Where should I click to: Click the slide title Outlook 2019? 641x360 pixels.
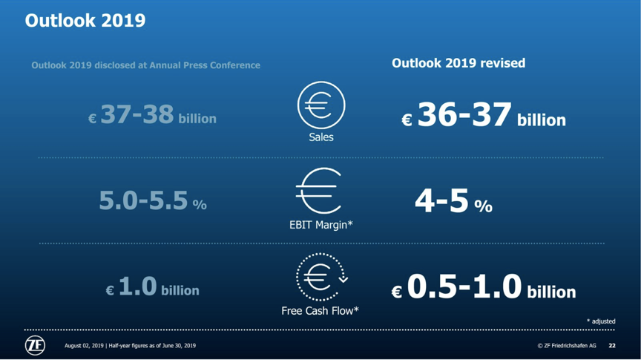[85, 21]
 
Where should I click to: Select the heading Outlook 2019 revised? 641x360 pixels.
[458, 63]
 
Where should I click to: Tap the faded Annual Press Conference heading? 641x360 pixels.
[145, 65]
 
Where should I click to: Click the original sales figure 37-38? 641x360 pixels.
[137, 114]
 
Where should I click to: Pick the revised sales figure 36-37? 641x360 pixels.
[464, 114]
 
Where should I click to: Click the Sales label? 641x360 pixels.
[321, 137]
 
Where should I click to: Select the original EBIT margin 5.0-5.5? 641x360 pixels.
[143, 200]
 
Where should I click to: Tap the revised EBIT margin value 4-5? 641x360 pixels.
[441, 200]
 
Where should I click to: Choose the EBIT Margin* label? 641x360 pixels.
[321, 225]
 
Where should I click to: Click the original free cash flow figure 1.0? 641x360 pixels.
[138, 286]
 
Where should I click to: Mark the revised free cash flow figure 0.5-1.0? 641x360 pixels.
[464, 286]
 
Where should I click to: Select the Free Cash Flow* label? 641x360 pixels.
[320, 311]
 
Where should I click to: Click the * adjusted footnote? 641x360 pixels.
[601, 321]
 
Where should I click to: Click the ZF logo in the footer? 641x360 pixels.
[35, 346]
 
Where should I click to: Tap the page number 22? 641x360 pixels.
[612, 346]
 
